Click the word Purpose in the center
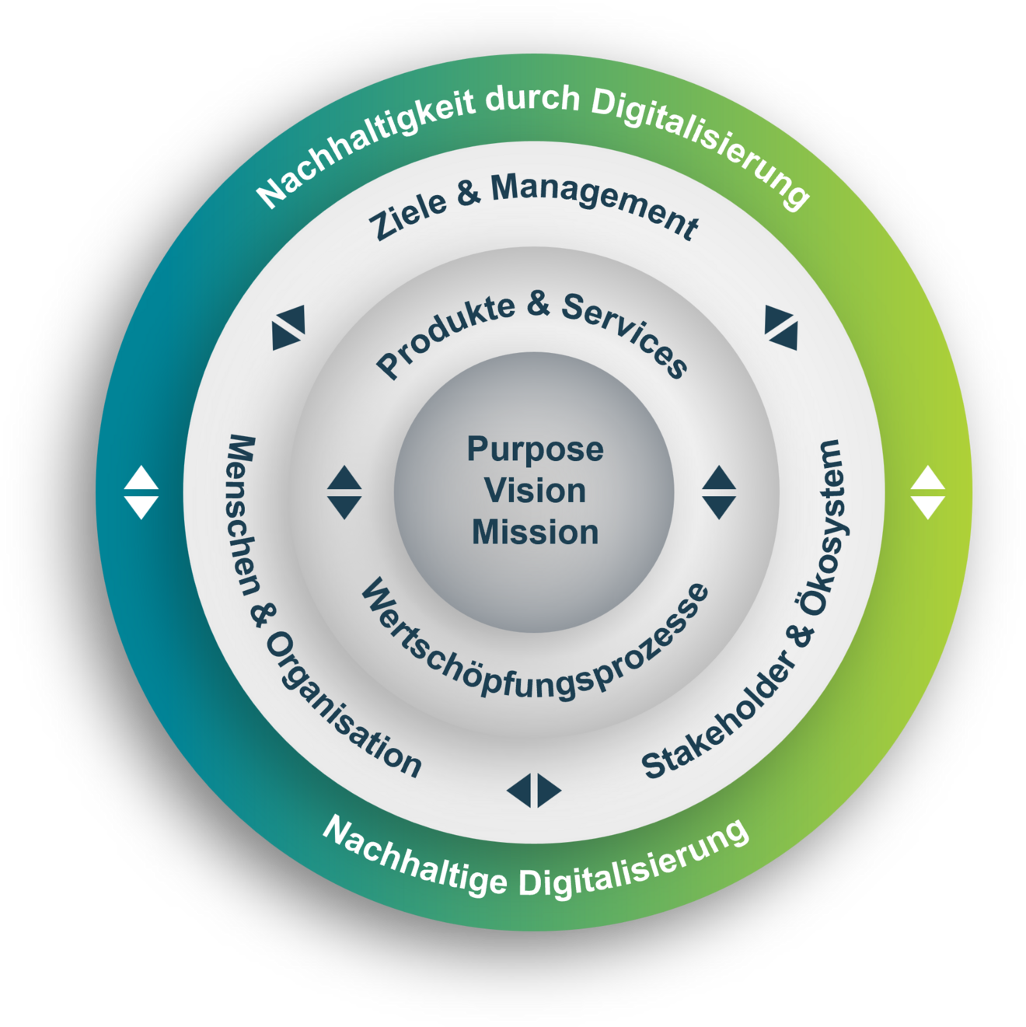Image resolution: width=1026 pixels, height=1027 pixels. click(535, 450)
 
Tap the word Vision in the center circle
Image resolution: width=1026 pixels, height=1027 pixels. click(535, 491)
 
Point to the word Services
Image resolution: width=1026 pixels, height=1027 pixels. click(626, 334)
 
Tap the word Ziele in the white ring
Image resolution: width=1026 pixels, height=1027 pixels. click(409, 215)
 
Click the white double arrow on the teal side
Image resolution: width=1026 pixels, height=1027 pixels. click(141, 492)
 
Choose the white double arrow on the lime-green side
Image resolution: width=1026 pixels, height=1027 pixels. click(927, 492)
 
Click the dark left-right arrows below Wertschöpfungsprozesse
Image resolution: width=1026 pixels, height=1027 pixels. click(534, 790)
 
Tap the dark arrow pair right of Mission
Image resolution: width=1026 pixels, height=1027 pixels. click(719, 492)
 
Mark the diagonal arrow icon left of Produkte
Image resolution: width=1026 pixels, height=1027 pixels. click(288, 327)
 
